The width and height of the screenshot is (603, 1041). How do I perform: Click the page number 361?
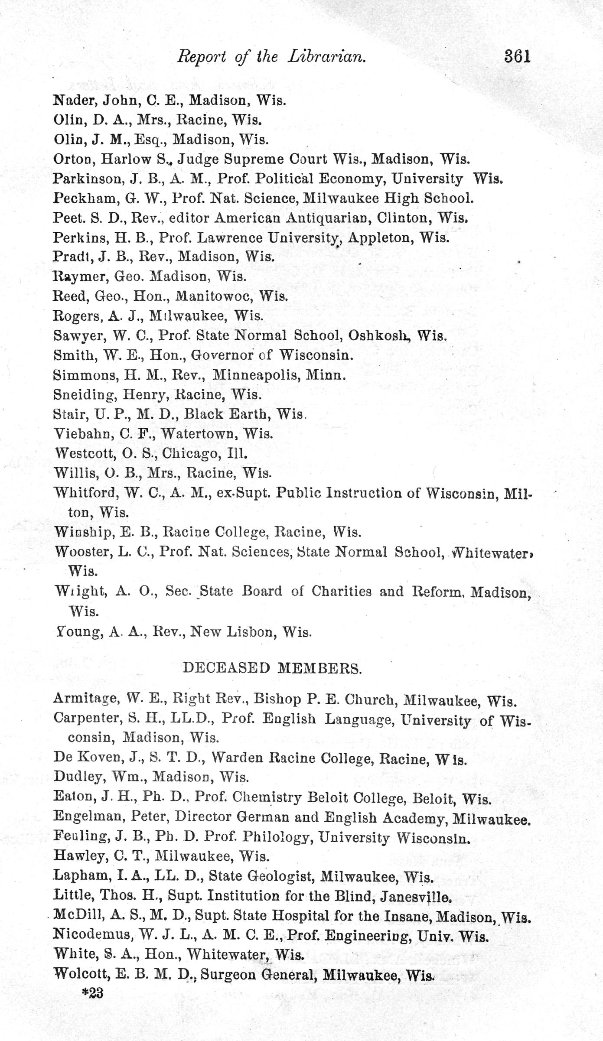point(517,57)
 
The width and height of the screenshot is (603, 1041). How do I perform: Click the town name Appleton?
point(380,238)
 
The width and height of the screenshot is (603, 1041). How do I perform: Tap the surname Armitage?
point(83,699)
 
